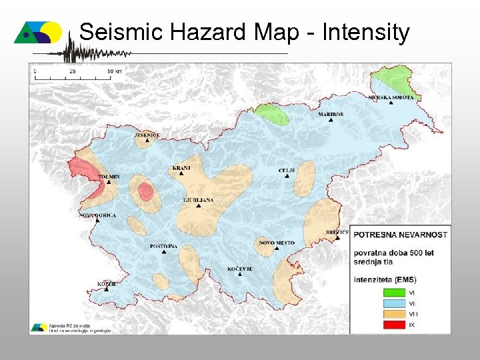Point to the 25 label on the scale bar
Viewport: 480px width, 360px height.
pyautogui.click(x=72, y=69)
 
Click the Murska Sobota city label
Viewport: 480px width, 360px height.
pyautogui.click(x=391, y=97)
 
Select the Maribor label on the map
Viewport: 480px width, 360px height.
pyautogui.click(x=331, y=115)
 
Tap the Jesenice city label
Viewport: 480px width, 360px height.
pyautogui.click(x=147, y=135)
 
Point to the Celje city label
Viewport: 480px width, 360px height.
pyautogui.click(x=287, y=171)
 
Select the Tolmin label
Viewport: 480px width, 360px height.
pyautogui.click(x=109, y=177)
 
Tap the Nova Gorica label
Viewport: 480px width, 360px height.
pyautogui.click(x=98, y=215)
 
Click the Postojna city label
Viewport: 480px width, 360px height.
pyautogui.click(x=163, y=247)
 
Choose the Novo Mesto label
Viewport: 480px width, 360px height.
pyautogui.click(x=276, y=243)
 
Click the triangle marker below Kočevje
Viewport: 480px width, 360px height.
pyautogui.click(x=239, y=275)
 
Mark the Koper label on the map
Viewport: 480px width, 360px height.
pyautogui.click(x=107, y=284)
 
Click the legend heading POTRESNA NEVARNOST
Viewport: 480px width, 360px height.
pyautogui.click(x=400, y=235)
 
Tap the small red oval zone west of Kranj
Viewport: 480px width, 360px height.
pyautogui.click(x=145, y=193)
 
